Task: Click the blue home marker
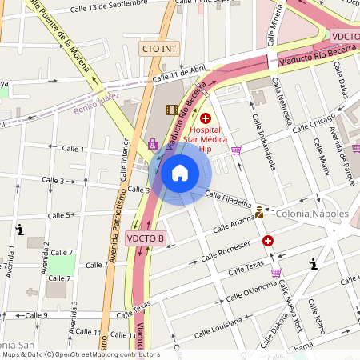point(180,173)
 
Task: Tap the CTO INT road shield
point(159,49)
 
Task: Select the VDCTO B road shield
point(145,238)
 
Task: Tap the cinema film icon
point(172,110)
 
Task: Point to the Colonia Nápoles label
point(312,214)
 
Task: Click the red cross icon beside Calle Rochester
point(268,240)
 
